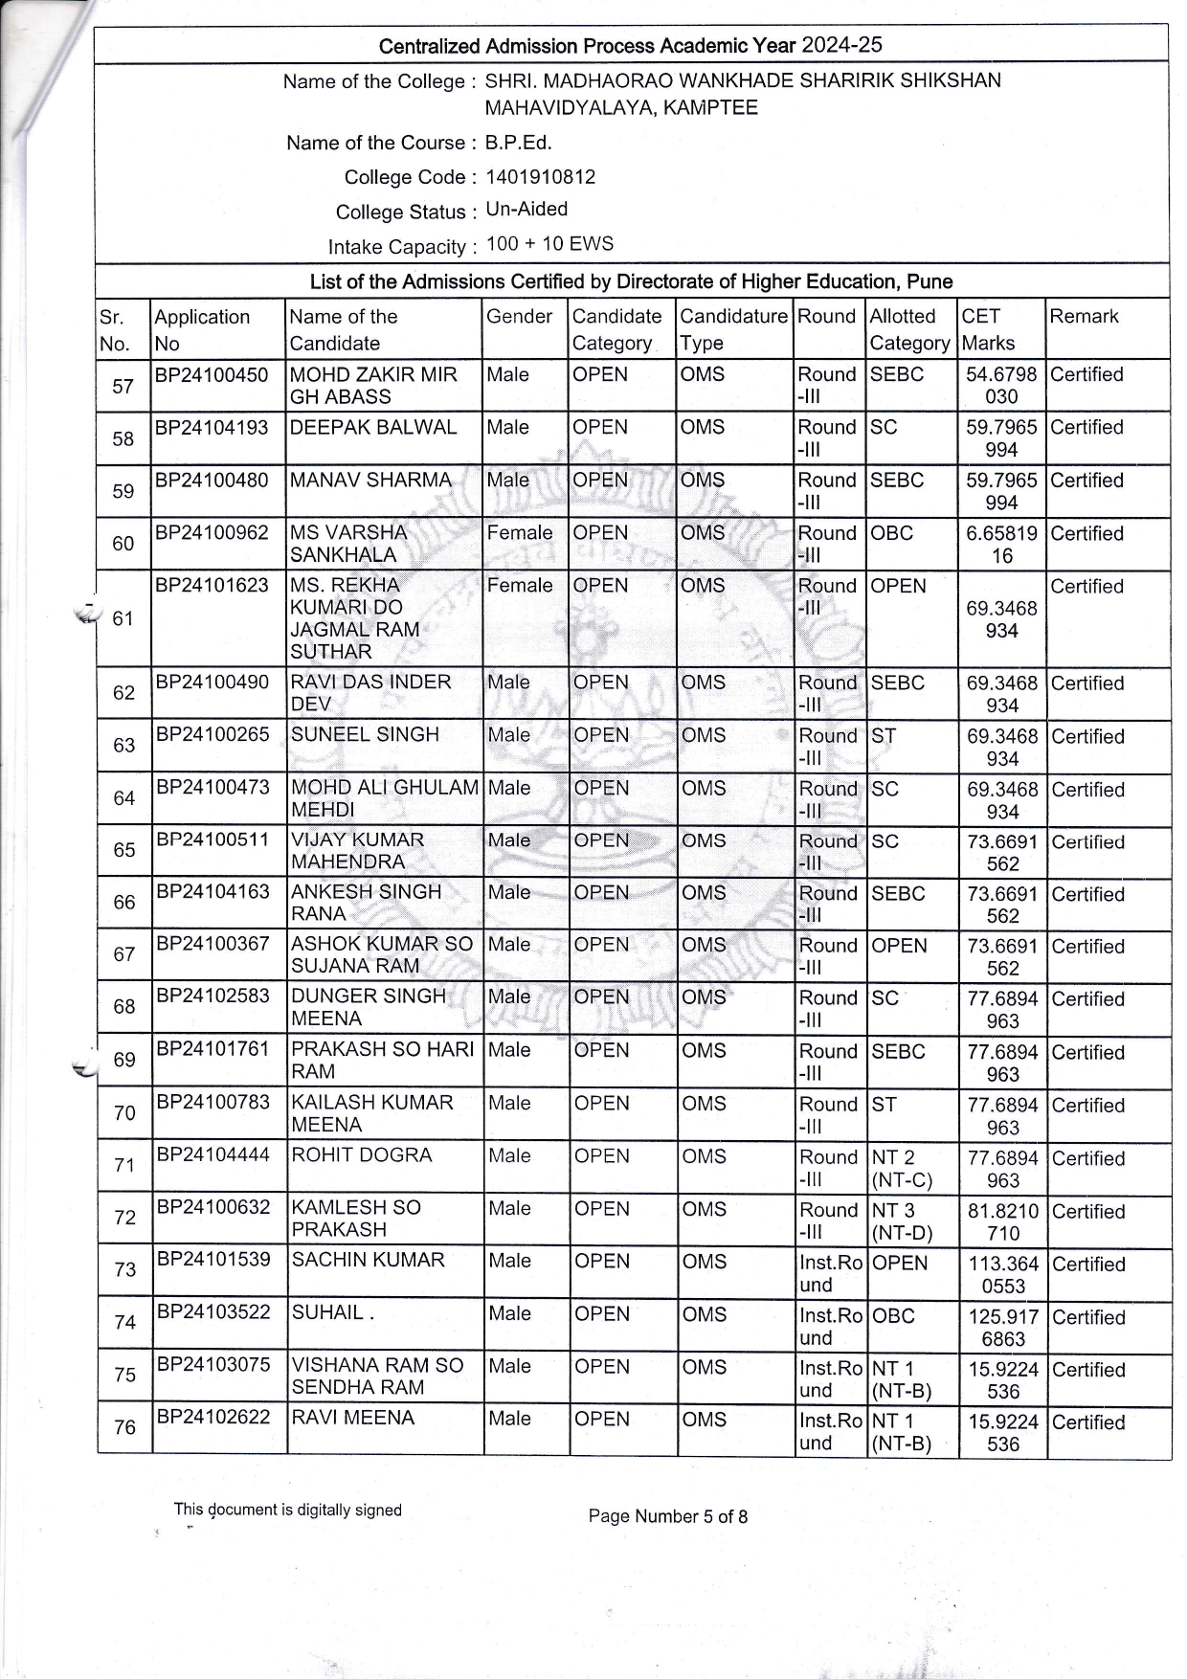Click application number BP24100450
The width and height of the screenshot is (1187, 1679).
coord(212,374)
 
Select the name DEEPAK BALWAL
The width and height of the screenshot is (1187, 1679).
coord(373,427)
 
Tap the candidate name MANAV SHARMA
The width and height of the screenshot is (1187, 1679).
coord(370,480)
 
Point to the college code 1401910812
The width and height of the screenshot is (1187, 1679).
coord(540,177)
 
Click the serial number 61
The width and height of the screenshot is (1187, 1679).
coord(123,618)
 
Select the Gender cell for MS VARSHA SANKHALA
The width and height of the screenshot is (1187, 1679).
coord(519,532)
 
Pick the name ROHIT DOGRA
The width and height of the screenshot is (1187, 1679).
coord(362,1155)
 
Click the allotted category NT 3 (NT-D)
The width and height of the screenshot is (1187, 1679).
coord(902,1221)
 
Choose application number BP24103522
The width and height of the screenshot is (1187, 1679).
coord(213,1312)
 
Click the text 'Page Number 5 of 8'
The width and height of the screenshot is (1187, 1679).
coord(667,1516)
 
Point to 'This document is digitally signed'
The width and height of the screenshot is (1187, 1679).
coord(287,1510)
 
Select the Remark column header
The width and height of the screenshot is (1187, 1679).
coord(1084,317)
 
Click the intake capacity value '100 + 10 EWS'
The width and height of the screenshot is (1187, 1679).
coord(549,243)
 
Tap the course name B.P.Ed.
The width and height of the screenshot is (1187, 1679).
coord(518,143)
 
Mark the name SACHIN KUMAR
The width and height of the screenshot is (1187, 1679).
coord(368,1260)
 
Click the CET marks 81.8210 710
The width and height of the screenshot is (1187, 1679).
coord(1002,1221)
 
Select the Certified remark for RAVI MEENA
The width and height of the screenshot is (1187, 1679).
coord(1088,1422)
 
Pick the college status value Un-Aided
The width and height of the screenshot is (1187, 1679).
coord(526,209)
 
